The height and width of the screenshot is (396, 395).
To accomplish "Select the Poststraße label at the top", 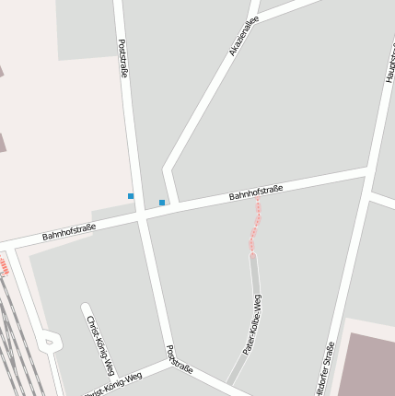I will (x=123, y=58).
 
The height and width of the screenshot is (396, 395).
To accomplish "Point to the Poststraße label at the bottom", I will (x=180, y=359).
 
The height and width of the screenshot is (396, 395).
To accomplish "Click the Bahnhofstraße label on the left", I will (x=68, y=231).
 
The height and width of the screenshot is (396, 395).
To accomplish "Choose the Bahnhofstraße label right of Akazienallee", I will (x=256, y=192).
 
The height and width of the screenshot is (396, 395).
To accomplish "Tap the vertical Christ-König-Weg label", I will (x=100, y=346).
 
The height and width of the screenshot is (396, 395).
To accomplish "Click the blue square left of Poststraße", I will (x=131, y=196).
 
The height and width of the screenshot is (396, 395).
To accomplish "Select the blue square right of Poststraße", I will (x=162, y=203).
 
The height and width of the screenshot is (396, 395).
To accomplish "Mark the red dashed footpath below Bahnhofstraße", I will (x=256, y=226).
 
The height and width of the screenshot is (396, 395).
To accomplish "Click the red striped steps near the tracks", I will (x=6, y=268).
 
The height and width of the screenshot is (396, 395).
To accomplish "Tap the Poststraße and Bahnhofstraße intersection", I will (x=142, y=215).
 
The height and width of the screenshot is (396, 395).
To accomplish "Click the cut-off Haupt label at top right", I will (x=389, y=64).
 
